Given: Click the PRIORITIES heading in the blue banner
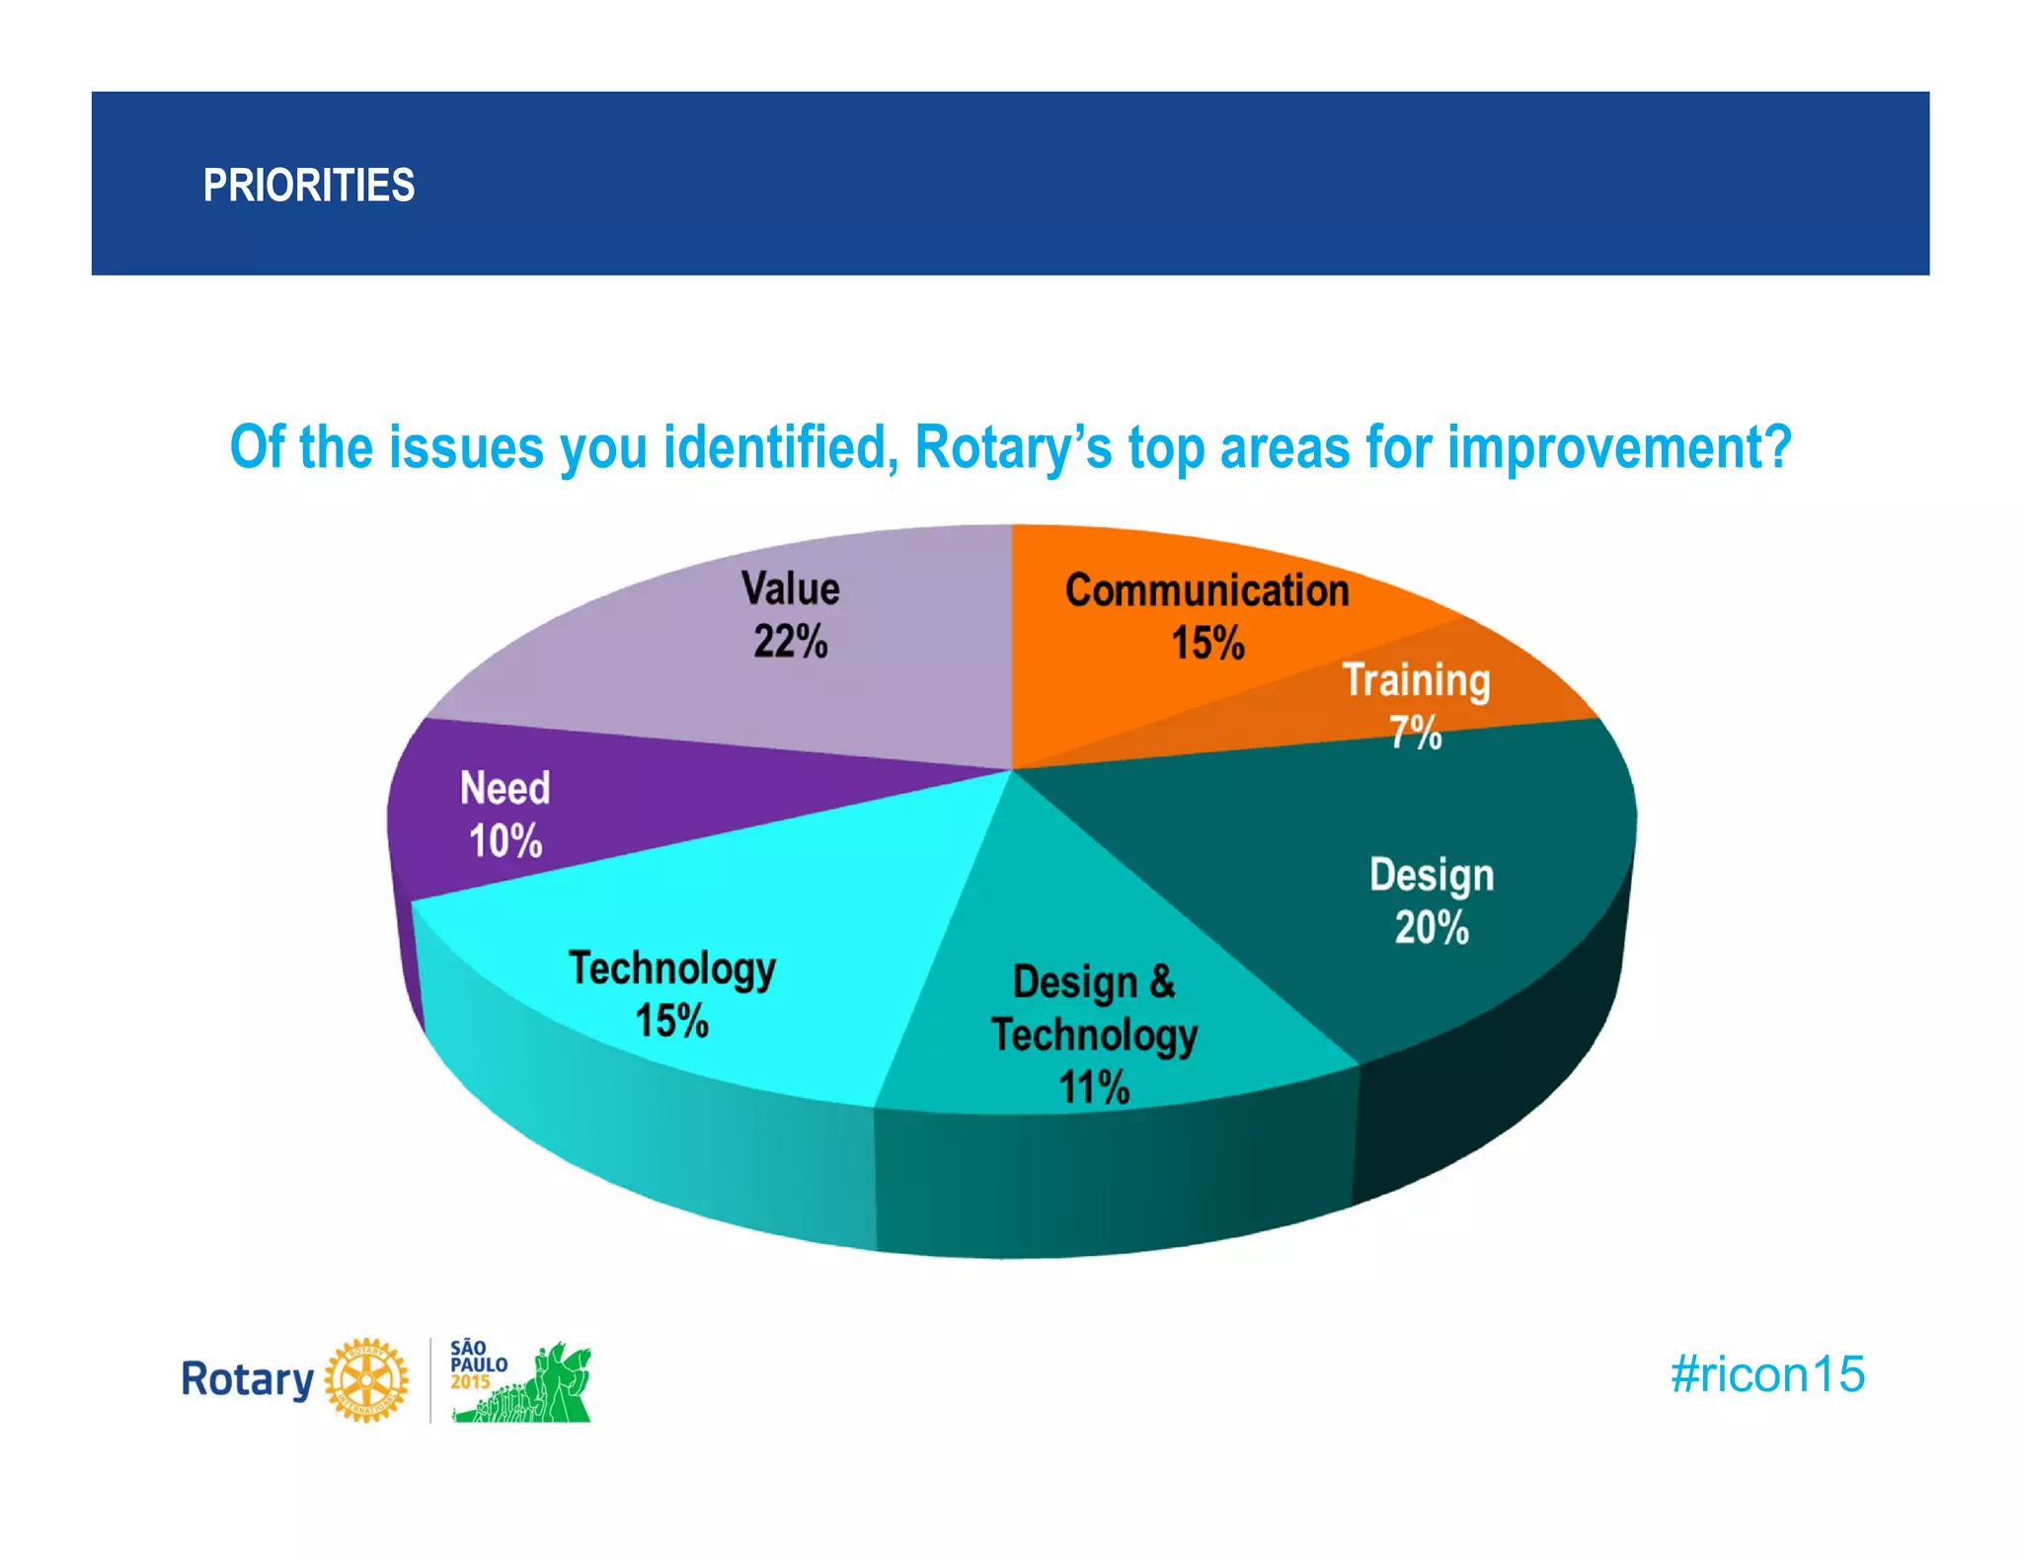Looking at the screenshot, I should (308, 186).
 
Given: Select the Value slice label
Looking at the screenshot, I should (790, 588).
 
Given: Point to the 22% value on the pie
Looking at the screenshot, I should (790, 642).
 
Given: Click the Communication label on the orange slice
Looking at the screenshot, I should (1206, 590).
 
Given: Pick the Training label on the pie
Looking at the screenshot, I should (1416, 680).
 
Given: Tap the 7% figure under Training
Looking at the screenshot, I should (1416, 733).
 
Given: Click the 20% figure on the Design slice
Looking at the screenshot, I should (1431, 928).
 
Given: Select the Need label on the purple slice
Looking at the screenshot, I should (505, 789).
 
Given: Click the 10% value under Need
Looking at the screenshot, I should (505, 841).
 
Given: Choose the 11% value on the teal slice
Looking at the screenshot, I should (1093, 1088).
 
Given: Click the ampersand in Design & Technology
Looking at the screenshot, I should (1162, 981).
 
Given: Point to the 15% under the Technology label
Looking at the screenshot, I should (671, 1021).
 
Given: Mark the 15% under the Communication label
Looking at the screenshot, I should (1206, 643).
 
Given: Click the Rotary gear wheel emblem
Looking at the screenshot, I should (366, 1379).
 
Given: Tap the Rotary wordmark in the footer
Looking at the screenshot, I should (247, 1379).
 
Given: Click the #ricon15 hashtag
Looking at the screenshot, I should (1766, 1374).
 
